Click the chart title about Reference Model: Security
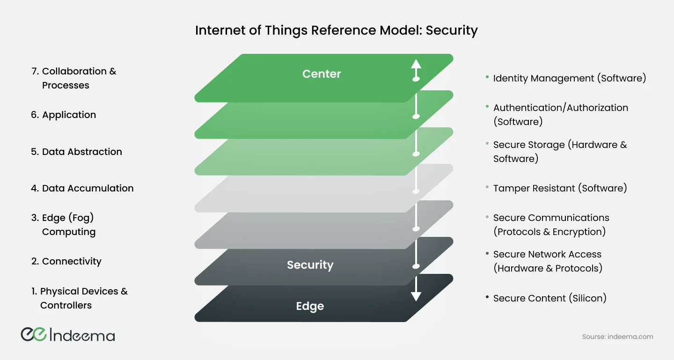(x=336, y=31)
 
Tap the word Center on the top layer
(x=322, y=74)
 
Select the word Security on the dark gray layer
(x=310, y=265)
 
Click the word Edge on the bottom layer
(x=310, y=306)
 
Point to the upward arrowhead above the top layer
(x=416, y=64)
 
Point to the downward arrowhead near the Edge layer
(x=416, y=296)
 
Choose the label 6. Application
(x=63, y=115)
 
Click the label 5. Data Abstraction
(x=76, y=152)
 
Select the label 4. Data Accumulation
(x=82, y=188)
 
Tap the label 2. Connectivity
(x=66, y=261)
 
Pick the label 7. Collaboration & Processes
(x=73, y=78)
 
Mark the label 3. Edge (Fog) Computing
(x=63, y=225)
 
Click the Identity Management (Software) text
(x=569, y=78)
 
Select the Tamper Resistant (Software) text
(x=560, y=188)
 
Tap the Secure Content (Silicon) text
(x=549, y=298)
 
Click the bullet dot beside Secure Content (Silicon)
(x=488, y=297)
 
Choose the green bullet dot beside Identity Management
(x=488, y=77)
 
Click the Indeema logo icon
(x=33, y=334)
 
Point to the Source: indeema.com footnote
(x=617, y=337)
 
